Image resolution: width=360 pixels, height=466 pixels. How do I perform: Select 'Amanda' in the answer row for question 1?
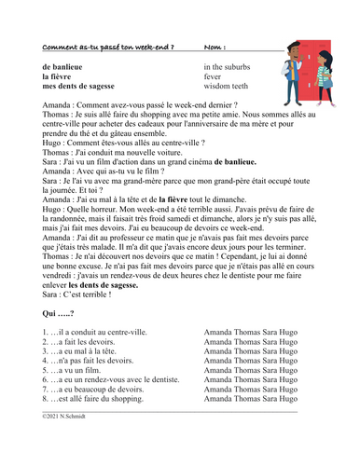coord(217,331)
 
